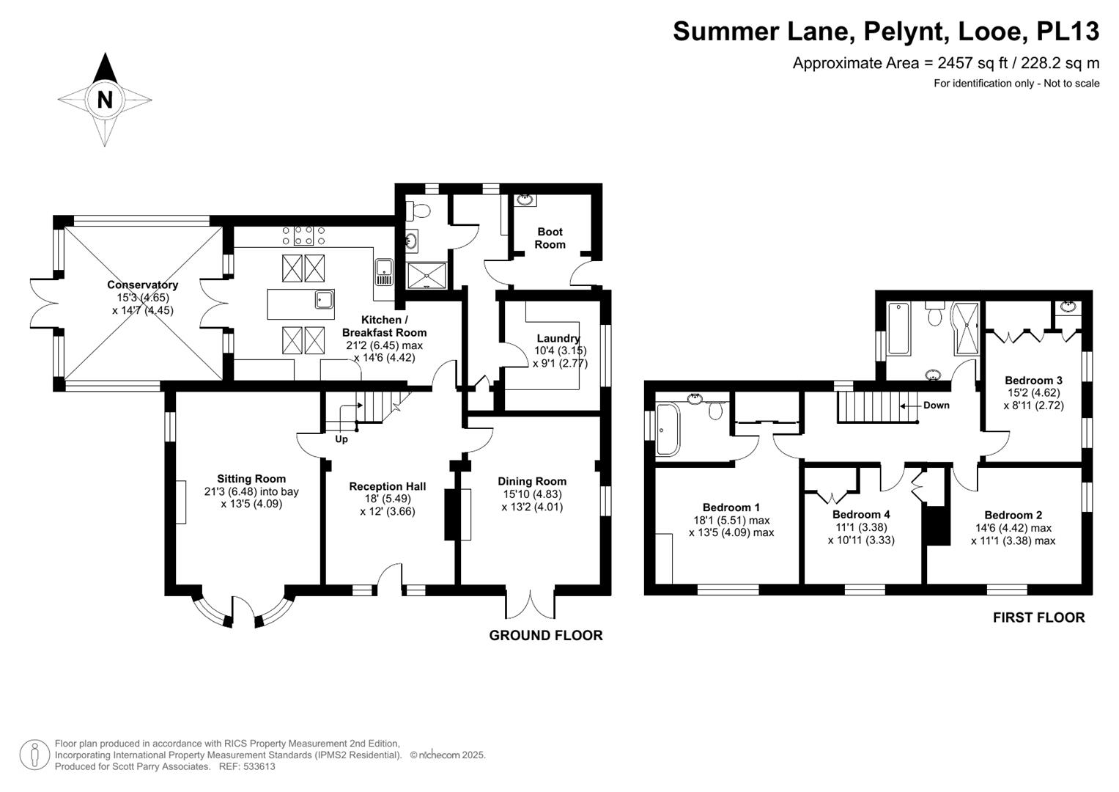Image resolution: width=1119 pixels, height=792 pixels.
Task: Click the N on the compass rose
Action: (x=105, y=99)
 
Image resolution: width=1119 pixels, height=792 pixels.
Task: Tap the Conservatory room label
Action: (x=143, y=285)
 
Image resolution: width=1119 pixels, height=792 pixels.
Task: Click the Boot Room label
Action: (x=550, y=238)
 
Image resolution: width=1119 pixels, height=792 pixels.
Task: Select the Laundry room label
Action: (x=558, y=338)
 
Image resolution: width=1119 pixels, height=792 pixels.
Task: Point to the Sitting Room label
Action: (x=251, y=479)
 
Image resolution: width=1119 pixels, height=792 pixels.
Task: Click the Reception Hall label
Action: (x=387, y=486)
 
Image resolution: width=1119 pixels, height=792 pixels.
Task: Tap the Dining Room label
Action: (x=532, y=481)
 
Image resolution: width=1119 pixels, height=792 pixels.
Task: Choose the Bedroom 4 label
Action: (x=861, y=515)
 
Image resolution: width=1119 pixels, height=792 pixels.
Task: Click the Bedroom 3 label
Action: (x=1033, y=380)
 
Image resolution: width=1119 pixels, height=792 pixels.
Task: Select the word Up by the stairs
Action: (x=341, y=439)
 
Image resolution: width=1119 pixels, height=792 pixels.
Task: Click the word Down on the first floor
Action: (x=936, y=405)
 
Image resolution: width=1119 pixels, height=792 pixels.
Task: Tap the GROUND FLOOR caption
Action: (x=546, y=636)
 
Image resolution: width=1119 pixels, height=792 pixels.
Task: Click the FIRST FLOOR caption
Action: (x=1038, y=617)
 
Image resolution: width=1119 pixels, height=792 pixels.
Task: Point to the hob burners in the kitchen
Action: (x=303, y=235)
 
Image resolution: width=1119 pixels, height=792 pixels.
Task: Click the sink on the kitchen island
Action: (x=324, y=299)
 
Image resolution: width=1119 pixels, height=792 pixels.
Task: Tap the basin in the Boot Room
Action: (x=525, y=199)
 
